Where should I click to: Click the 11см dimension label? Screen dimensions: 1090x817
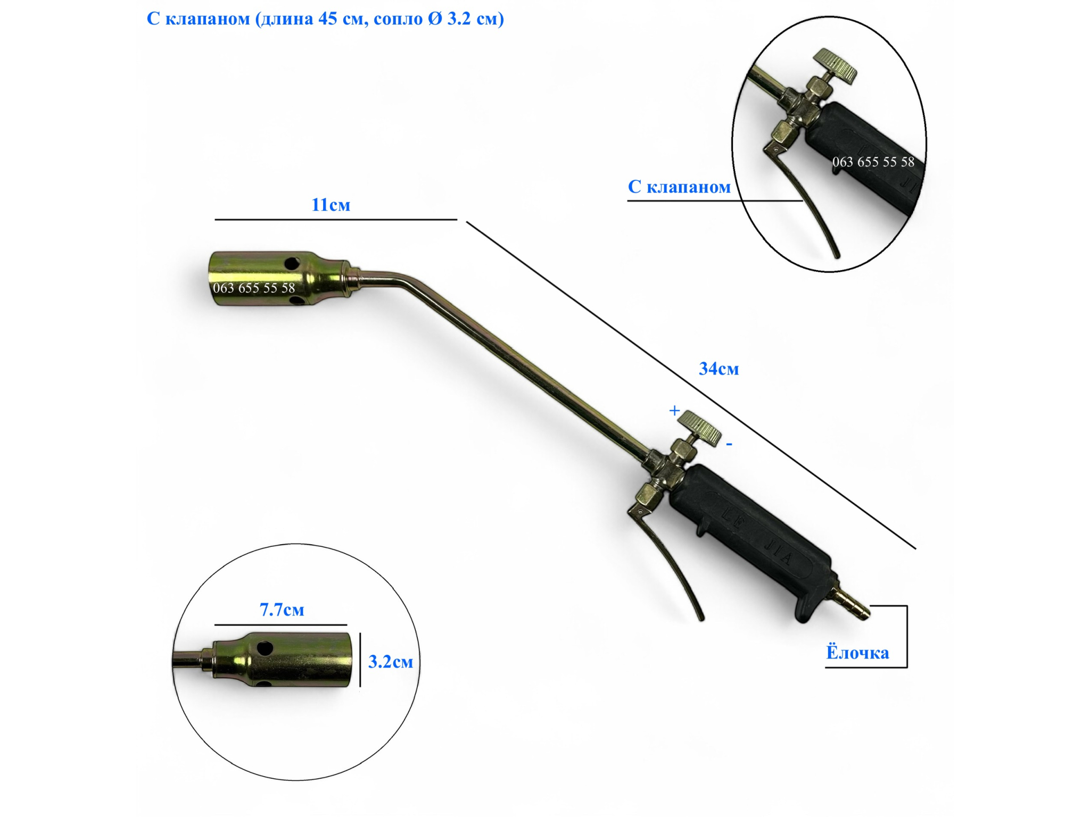click(331, 205)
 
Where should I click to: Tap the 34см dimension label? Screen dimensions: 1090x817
click(719, 369)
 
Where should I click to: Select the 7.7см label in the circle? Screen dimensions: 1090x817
click(282, 610)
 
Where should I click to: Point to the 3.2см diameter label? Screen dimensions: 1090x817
click(391, 662)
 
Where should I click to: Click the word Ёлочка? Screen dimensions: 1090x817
click(857, 652)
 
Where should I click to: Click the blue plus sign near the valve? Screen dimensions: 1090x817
click(674, 410)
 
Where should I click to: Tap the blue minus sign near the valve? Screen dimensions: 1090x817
click(729, 444)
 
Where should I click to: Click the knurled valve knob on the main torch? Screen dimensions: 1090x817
click(699, 428)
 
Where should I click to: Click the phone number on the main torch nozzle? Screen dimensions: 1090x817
click(254, 288)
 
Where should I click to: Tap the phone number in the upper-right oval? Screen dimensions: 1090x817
click(873, 162)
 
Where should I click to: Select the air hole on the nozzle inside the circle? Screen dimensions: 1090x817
click(265, 648)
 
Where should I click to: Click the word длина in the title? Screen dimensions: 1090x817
click(287, 19)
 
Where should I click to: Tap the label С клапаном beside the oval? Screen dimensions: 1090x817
click(679, 187)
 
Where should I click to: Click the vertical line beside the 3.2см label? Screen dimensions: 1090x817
click(360, 660)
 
